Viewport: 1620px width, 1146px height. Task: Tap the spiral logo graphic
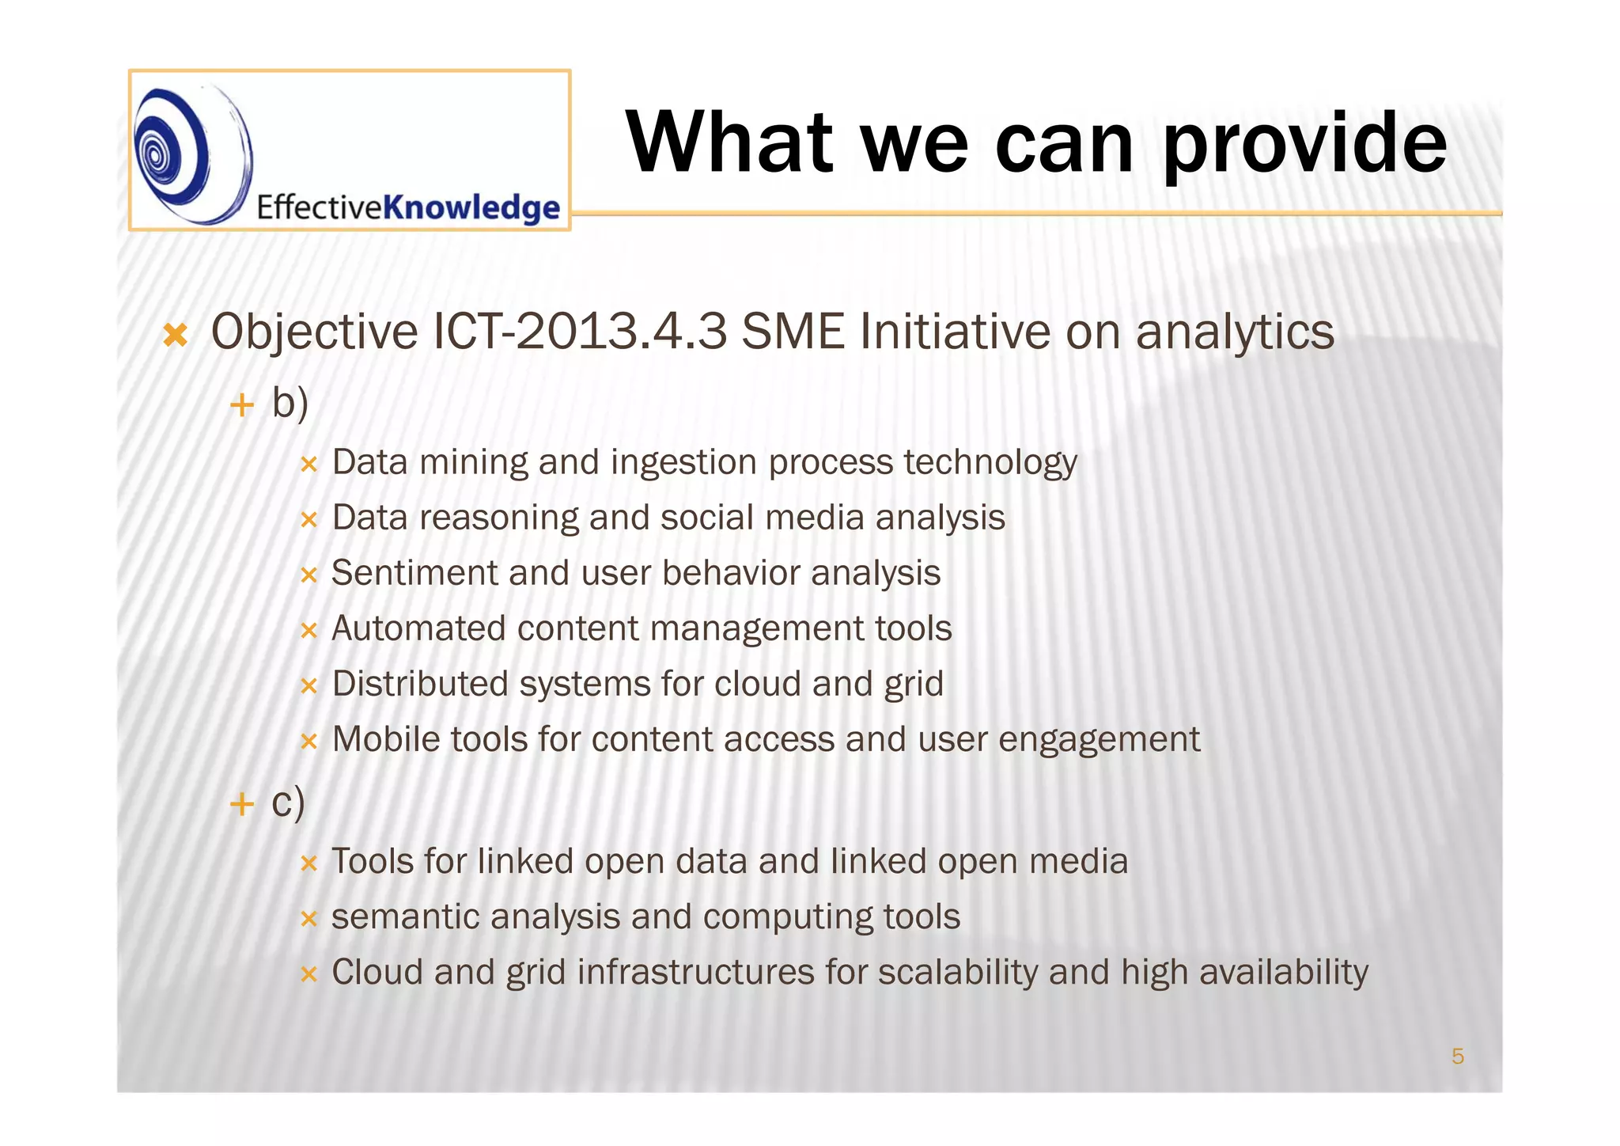coord(190,154)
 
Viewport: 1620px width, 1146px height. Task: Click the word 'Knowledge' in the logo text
coord(471,207)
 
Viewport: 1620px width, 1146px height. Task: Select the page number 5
coord(1457,1056)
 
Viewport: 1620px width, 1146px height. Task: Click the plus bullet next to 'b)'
coord(241,406)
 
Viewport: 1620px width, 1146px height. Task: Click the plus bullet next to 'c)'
coord(241,805)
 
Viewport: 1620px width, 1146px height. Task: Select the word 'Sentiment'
coord(414,573)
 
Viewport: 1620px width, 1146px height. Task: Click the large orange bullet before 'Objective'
coord(175,335)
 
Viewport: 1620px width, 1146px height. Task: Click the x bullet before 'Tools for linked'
coord(308,863)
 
